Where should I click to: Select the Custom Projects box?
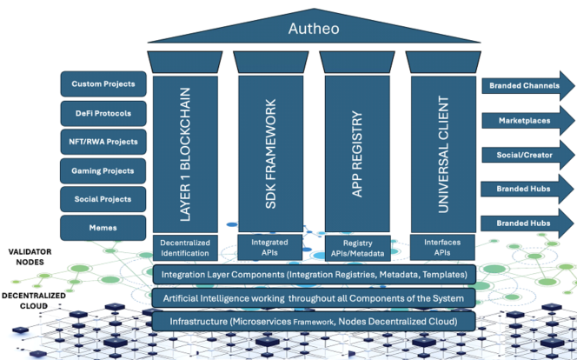click(x=102, y=84)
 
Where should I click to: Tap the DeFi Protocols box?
click(x=102, y=113)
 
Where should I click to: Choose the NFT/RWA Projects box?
click(x=102, y=142)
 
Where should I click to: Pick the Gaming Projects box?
click(x=102, y=170)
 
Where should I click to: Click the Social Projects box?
click(x=102, y=199)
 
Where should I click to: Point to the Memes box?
click(x=102, y=228)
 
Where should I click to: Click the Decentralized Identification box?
click(x=184, y=248)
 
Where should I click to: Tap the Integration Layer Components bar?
click(x=314, y=275)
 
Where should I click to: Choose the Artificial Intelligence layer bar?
click(x=314, y=298)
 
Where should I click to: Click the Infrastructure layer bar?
click(x=314, y=322)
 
